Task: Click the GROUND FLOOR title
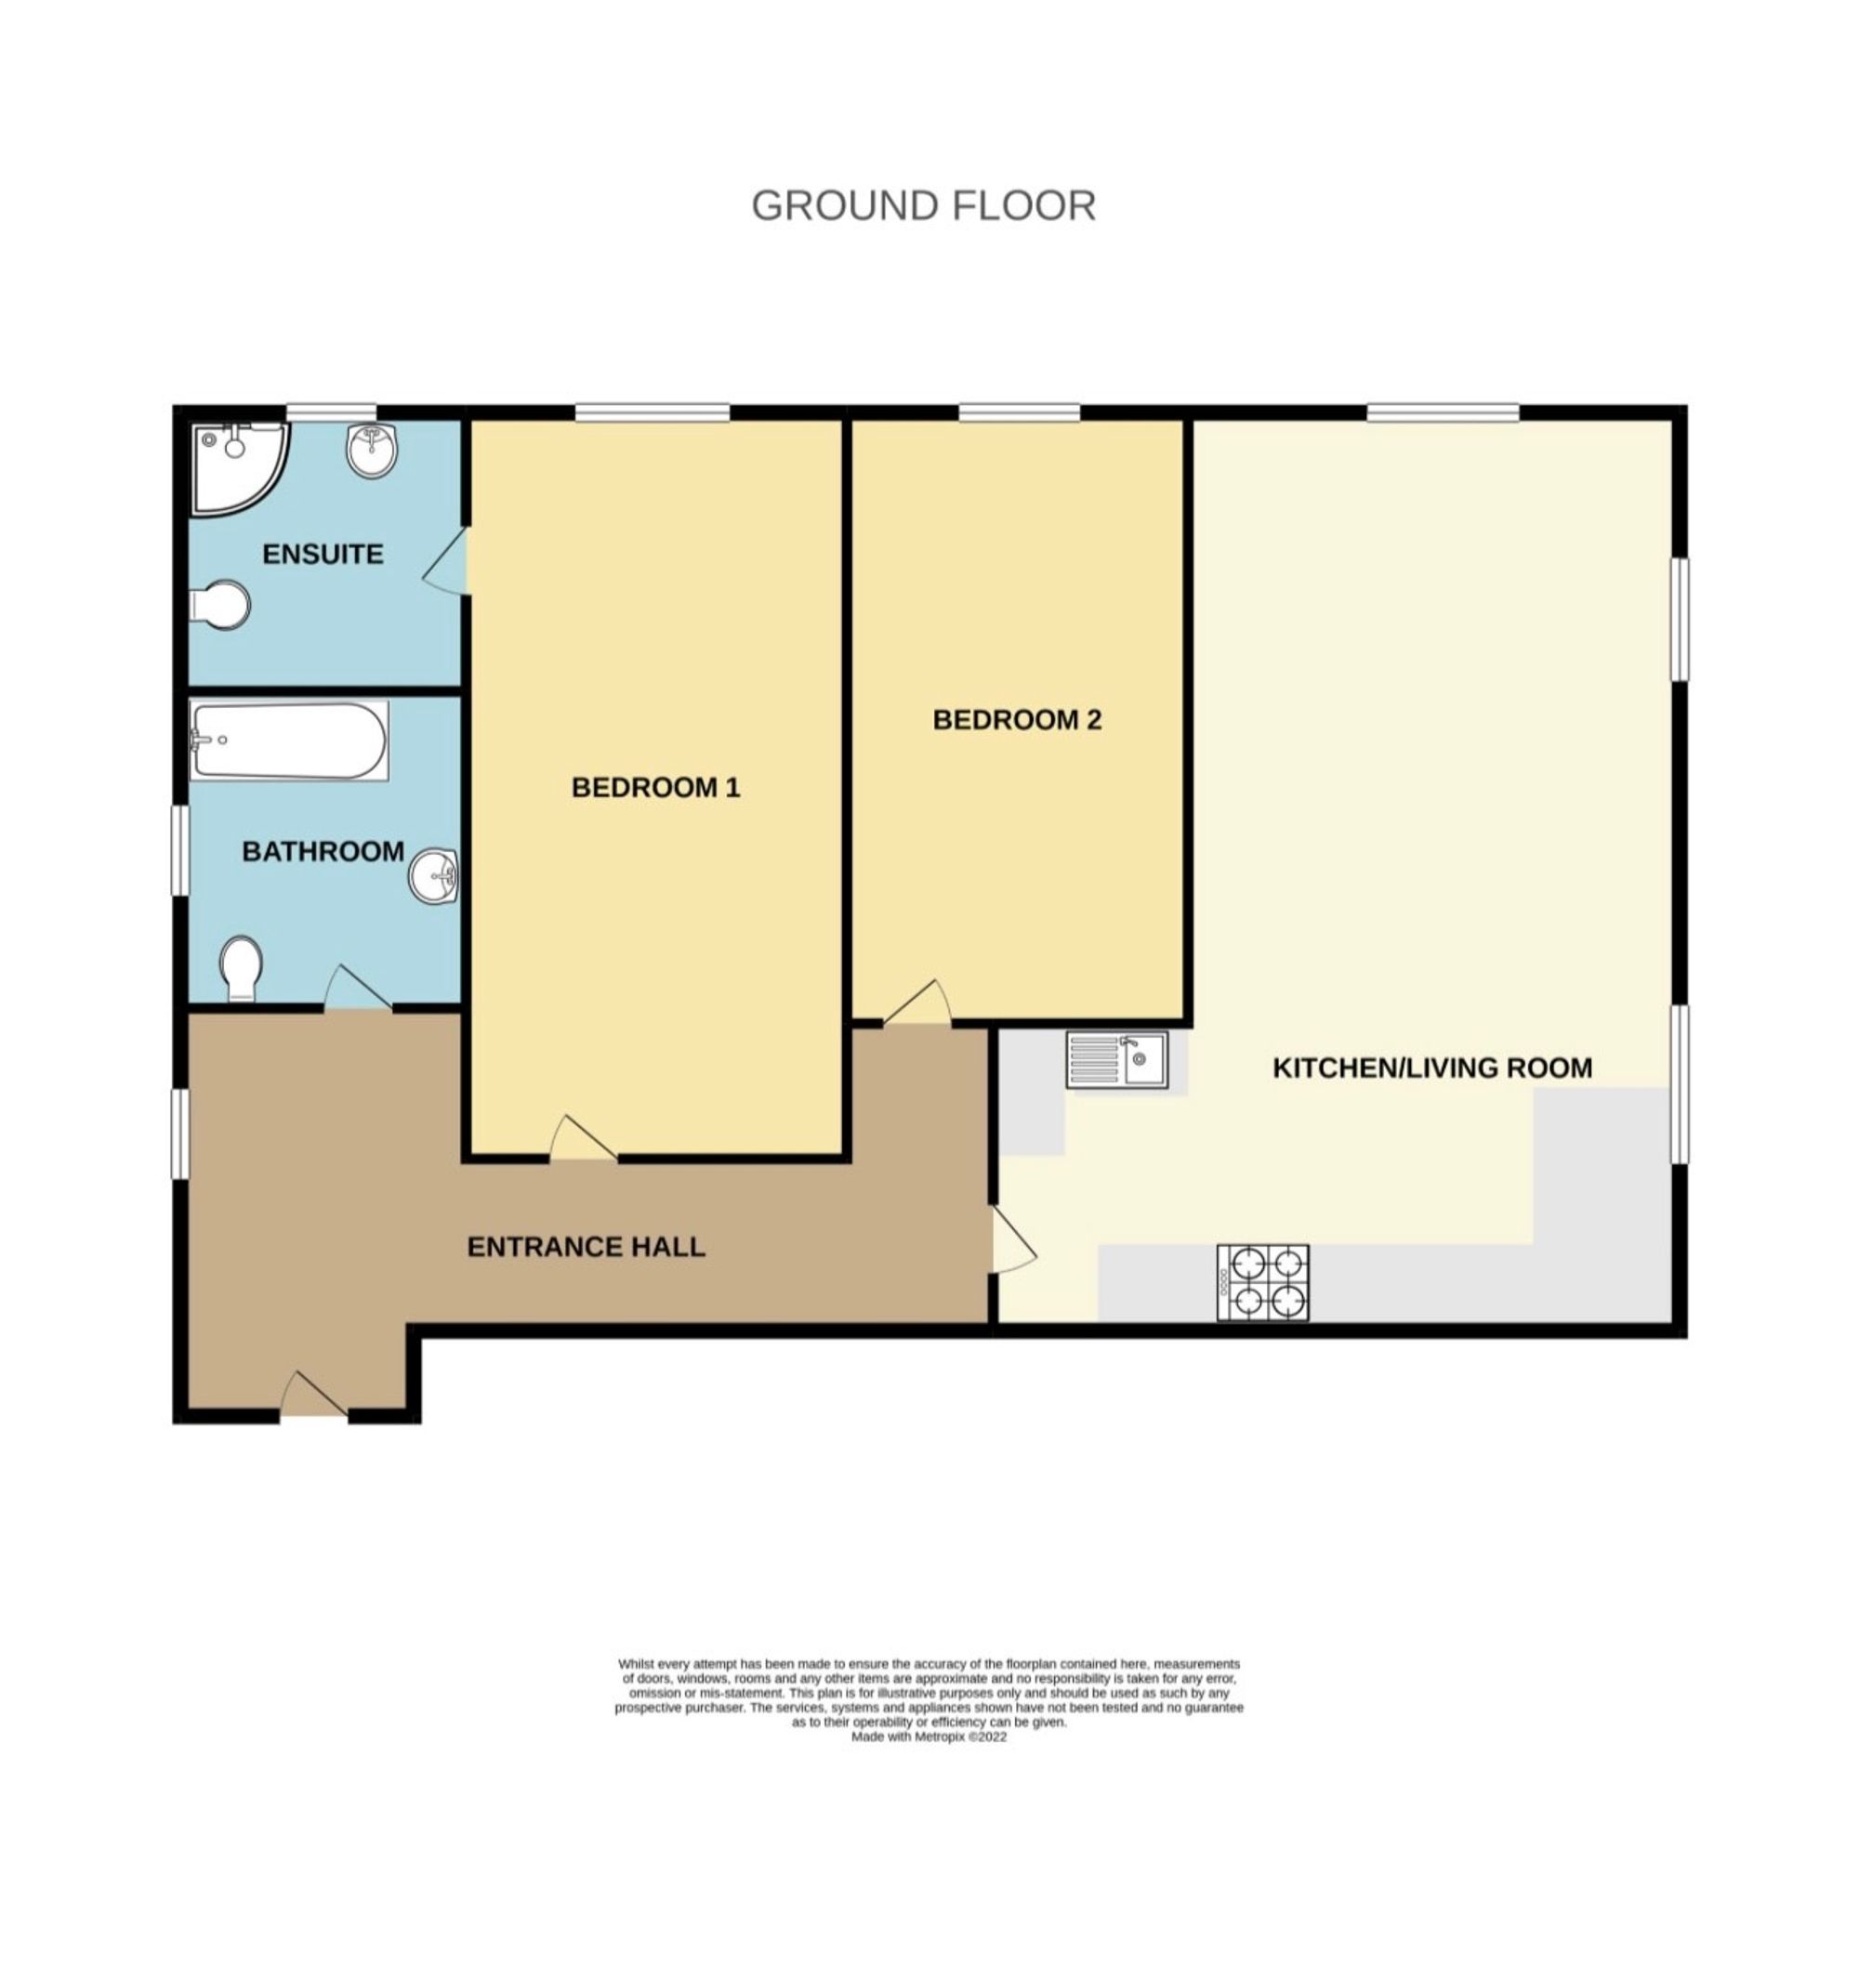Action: click(923, 206)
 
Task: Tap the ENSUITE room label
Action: click(323, 554)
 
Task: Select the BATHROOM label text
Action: click(323, 851)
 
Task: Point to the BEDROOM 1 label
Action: click(655, 788)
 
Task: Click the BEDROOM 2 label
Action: click(1017, 720)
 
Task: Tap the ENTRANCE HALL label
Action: click(586, 1246)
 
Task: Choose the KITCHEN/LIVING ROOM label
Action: click(1431, 1068)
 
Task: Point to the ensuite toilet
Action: click(220, 604)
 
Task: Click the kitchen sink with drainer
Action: click(1117, 1059)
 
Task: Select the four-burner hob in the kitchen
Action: click(1262, 1282)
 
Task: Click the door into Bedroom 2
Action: click(917, 1003)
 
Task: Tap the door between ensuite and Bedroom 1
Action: click(446, 561)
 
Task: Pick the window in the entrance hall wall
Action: click(179, 1134)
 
